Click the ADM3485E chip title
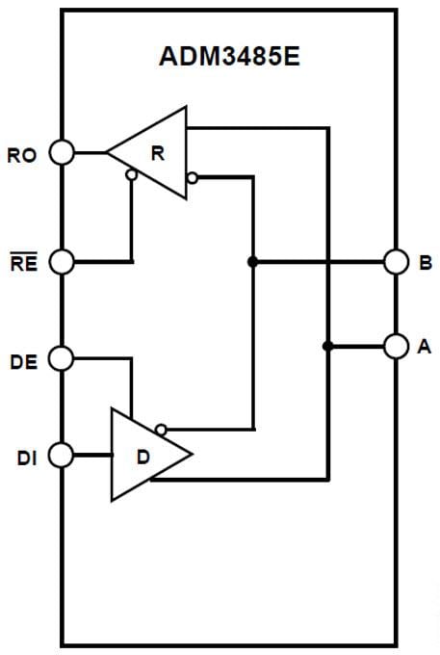tap(228, 56)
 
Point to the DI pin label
tap(26, 458)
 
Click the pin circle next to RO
tap(62, 152)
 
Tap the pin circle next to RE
tap(62, 262)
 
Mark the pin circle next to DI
tap(62, 455)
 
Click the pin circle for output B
tap(395, 262)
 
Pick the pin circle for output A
tap(395, 346)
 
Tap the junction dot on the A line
tap(328, 346)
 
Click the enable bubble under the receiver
tap(131, 175)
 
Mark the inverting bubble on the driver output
tap(161, 430)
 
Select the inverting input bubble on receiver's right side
tap(193, 177)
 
